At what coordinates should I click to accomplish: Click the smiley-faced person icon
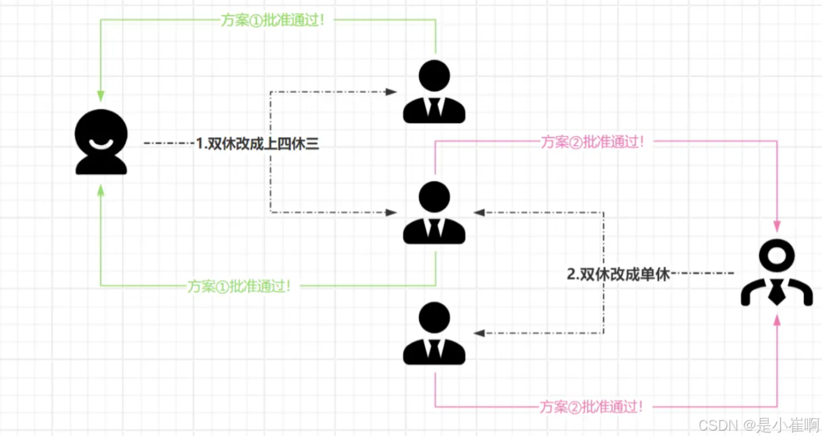[x=101, y=143]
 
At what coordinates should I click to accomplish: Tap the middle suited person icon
[x=434, y=213]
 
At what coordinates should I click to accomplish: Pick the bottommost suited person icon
[x=434, y=334]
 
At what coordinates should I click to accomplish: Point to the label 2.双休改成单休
[x=618, y=275]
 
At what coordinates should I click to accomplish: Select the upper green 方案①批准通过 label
[x=273, y=20]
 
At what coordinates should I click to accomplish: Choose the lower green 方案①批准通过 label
[x=239, y=286]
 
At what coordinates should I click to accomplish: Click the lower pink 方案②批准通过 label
[x=591, y=407]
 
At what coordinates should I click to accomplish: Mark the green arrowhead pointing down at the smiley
[x=101, y=96]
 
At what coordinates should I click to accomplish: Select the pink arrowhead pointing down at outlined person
[x=776, y=226]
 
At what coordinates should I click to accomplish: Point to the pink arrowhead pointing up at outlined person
[x=776, y=320]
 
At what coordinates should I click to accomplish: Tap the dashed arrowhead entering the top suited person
[x=391, y=92]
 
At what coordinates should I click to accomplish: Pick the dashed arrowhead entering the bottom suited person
[x=479, y=333]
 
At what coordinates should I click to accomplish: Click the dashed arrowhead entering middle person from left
[x=391, y=212]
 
